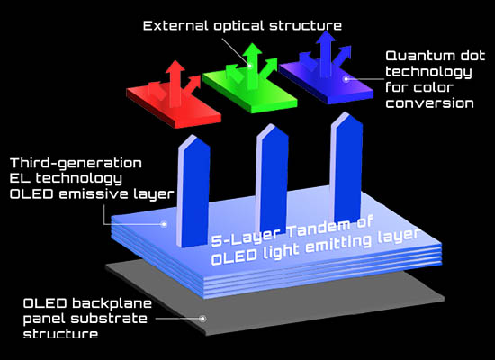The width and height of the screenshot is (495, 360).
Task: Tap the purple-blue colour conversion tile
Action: pos(327,79)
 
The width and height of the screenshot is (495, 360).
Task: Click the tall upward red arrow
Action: pos(175,84)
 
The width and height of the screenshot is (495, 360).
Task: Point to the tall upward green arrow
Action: pos(252,67)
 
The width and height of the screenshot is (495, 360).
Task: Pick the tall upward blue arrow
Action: pos(326,54)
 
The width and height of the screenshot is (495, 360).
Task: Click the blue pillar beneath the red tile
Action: pos(193,191)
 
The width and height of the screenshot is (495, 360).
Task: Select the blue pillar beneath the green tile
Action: pos(272,178)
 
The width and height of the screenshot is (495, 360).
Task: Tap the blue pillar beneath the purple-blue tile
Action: pos(346,167)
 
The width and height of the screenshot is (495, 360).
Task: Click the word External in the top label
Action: pos(175,25)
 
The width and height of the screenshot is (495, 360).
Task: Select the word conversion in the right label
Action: pos(429,103)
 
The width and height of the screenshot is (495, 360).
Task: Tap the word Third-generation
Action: pos(76,164)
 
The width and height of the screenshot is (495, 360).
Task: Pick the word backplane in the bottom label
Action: pos(112,304)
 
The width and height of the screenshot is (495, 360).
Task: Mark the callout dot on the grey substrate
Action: pos(203,319)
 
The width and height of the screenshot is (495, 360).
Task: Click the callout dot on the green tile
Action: pos(249,66)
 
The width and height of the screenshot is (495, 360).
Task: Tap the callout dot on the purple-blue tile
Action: pos(346,78)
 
